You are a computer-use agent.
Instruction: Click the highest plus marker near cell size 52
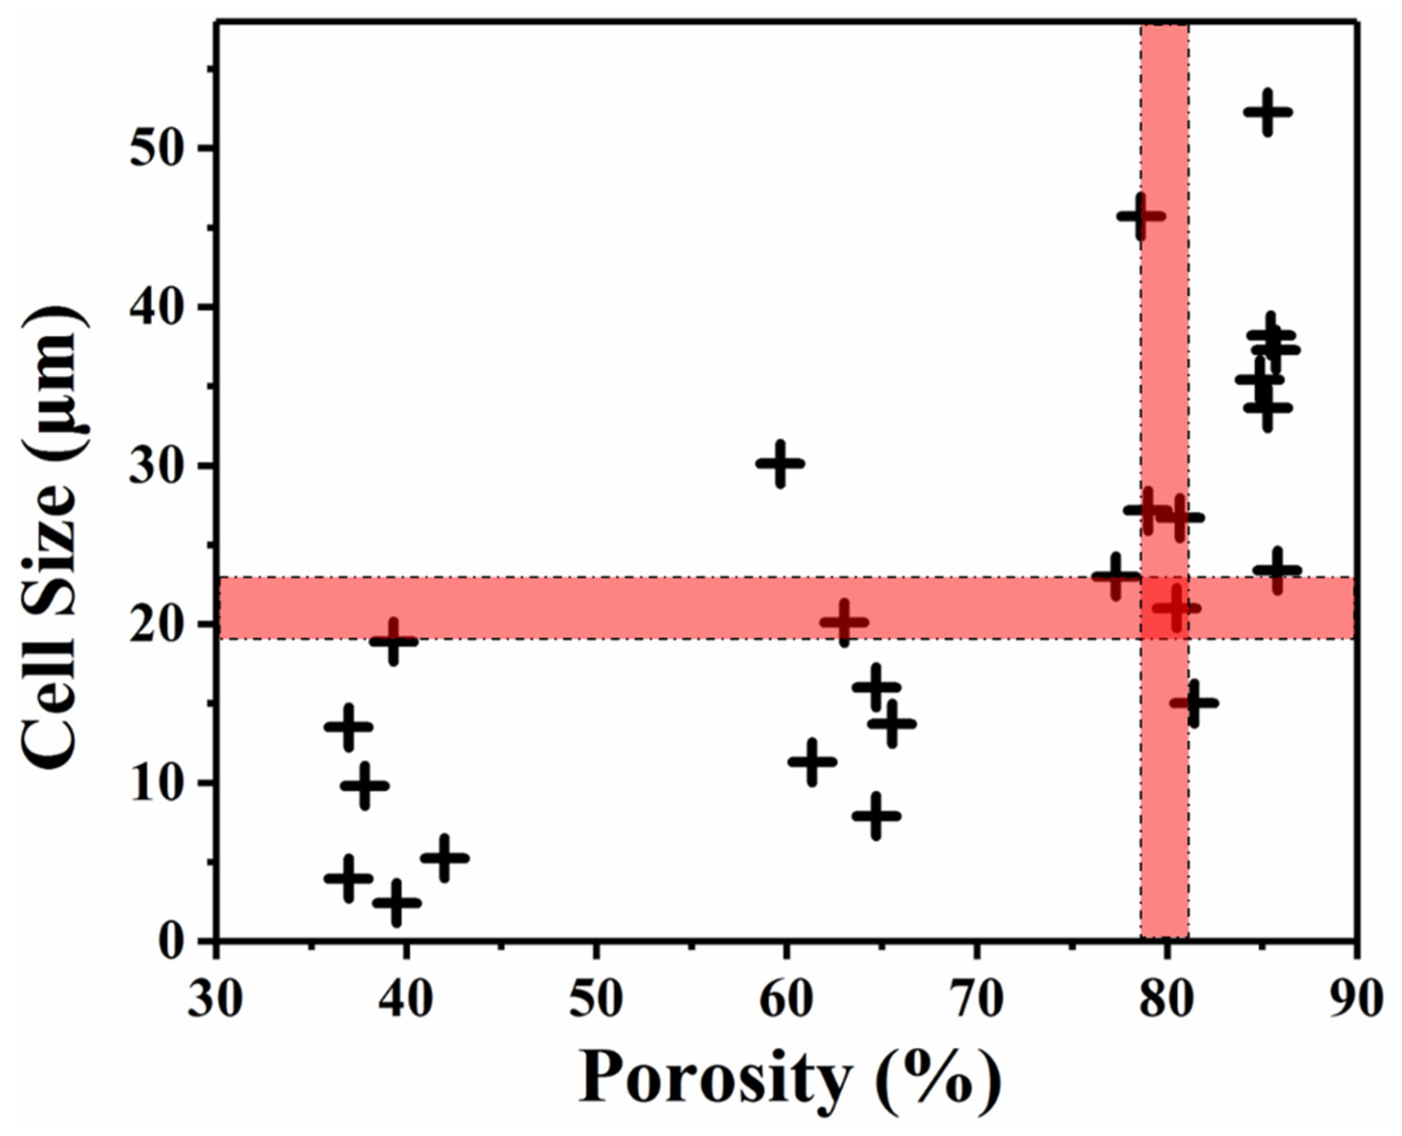coord(1268,112)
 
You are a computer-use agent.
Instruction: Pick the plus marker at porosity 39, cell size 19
coord(393,640)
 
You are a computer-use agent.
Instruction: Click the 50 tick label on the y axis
coord(156,149)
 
